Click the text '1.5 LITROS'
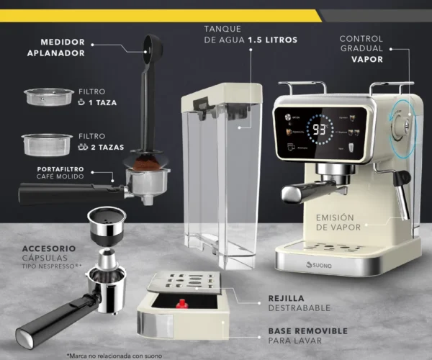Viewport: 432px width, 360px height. (x=272, y=40)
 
